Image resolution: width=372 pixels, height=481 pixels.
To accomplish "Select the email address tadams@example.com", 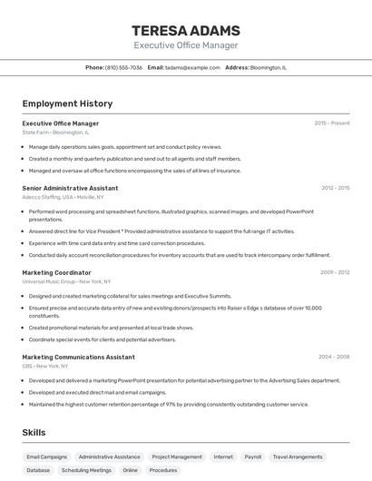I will click(x=193, y=67).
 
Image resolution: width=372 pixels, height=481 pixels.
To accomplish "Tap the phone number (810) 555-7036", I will click(x=123, y=67).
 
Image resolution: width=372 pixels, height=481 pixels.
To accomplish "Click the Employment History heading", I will click(x=67, y=103).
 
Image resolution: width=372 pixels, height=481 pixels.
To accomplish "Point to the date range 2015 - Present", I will click(x=332, y=123).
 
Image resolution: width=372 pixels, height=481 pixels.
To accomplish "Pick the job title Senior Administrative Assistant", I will click(x=70, y=188).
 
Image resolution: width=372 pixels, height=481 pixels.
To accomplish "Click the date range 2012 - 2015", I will click(x=335, y=188).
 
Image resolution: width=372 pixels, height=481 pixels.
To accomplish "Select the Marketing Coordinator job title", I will click(x=56, y=272).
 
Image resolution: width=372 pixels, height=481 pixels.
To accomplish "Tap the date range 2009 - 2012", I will click(x=335, y=272).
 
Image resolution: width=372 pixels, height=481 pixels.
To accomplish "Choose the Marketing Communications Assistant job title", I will click(x=78, y=357).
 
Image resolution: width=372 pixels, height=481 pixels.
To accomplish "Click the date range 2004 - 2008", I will click(x=335, y=357).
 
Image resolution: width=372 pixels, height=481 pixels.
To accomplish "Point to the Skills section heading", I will click(x=34, y=432).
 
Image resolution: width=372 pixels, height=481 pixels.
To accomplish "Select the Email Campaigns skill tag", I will click(x=46, y=457).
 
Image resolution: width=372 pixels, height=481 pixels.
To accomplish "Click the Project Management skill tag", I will click(x=177, y=457).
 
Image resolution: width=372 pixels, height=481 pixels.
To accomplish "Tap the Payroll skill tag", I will click(x=252, y=457).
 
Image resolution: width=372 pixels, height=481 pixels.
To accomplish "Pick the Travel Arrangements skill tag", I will click(x=298, y=457).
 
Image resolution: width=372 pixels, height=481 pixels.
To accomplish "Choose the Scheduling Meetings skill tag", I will click(x=86, y=471).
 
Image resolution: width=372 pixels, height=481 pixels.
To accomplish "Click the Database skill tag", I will click(x=38, y=471).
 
